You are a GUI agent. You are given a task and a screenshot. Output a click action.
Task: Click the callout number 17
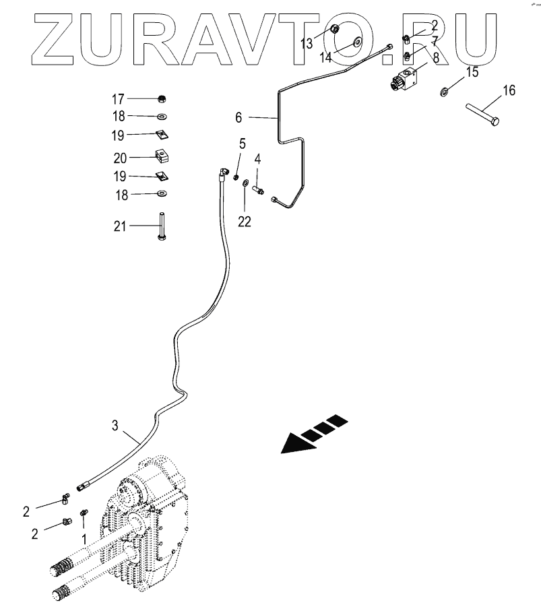click(x=119, y=99)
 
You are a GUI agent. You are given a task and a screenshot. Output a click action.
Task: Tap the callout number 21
click(x=119, y=226)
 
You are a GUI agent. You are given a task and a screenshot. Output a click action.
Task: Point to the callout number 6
click(x=238, y=118)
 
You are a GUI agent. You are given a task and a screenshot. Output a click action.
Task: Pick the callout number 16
click(x=509, y=91)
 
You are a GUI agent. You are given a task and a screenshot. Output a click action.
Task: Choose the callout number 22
click(x=244, y=221)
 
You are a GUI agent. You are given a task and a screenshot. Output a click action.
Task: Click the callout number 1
click(x=84, y=540)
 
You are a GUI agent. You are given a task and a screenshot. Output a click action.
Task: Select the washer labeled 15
click(x=445, y=91)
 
